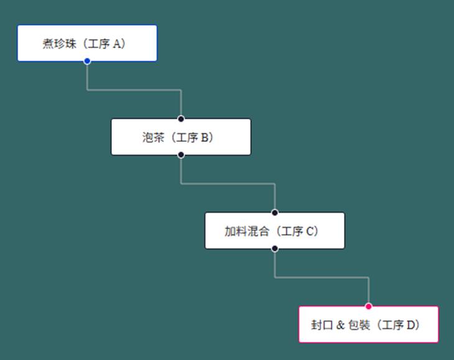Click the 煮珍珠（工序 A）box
pos(87,43)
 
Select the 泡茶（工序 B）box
pos(181,137)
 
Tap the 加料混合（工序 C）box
pos(275,231)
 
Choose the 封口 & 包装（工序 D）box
pos(369,324)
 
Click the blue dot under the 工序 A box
pos(87,61)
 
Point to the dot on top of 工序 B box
pos(181,119)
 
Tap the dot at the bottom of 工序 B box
pos(181,155)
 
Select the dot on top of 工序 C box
pos(275,213)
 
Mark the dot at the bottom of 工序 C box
pos(275,249)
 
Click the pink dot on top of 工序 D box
pos(369,306)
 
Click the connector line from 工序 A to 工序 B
pos(134,90)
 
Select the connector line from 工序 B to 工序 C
pos(228,183)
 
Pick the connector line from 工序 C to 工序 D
pos(322,277)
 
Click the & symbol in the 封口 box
pos(340,325)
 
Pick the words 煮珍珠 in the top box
pos(57,44)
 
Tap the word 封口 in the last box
pos(322,325)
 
